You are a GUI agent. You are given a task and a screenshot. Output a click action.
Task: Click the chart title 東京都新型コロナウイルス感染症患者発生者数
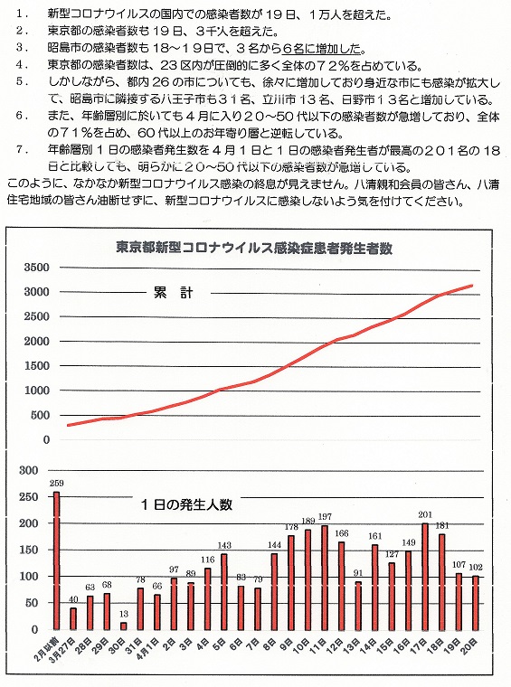pos(254,248)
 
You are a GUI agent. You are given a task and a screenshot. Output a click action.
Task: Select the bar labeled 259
pos(57,560)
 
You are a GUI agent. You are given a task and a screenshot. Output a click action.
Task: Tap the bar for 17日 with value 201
pos(425,576)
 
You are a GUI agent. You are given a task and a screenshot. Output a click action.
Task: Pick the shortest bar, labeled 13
pos(124,626)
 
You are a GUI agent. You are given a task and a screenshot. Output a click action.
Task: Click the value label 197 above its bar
pos(325,517)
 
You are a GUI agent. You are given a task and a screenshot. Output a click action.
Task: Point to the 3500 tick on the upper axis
pos(37,267)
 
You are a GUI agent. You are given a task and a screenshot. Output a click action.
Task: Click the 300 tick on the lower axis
pos(29,470)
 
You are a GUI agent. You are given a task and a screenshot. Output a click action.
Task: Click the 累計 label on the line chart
pos(173,293)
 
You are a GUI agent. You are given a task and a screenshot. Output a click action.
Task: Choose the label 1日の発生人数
pos(186,504)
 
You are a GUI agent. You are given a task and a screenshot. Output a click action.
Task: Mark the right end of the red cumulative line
pos(472,286)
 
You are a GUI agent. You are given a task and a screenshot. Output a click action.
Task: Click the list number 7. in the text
pos(23,150)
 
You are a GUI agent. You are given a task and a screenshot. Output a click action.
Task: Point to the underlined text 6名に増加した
pos(322,48)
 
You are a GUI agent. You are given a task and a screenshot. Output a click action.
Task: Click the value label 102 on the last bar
pos(476,567)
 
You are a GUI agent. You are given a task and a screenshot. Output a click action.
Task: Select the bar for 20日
pos(476,603)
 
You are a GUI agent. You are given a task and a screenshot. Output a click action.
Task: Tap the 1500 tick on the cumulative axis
pos(37,365)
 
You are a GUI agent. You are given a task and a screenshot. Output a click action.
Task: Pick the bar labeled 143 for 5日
pos(224,592)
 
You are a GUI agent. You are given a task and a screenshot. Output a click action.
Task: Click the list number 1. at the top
pos(23,14)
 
